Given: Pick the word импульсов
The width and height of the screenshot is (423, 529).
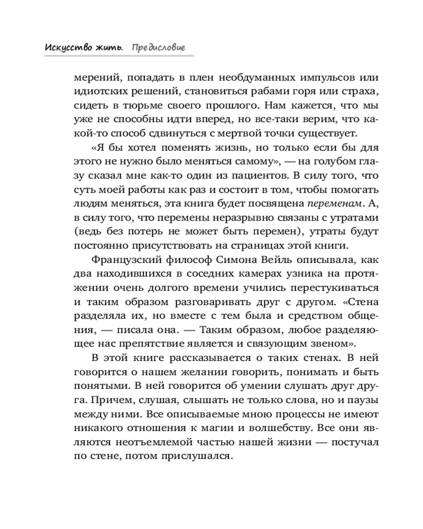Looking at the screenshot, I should (x=314, y=78).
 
